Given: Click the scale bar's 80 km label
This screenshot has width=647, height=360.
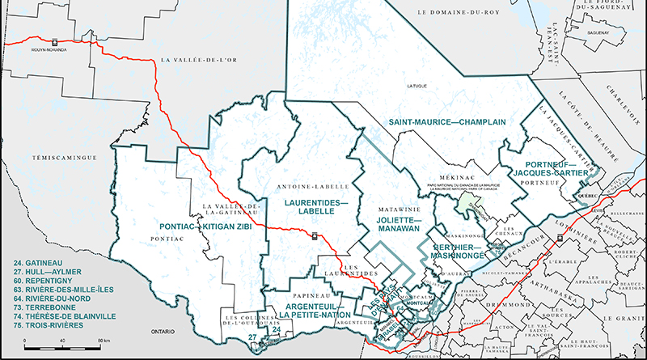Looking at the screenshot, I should click(x=104, y=344).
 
